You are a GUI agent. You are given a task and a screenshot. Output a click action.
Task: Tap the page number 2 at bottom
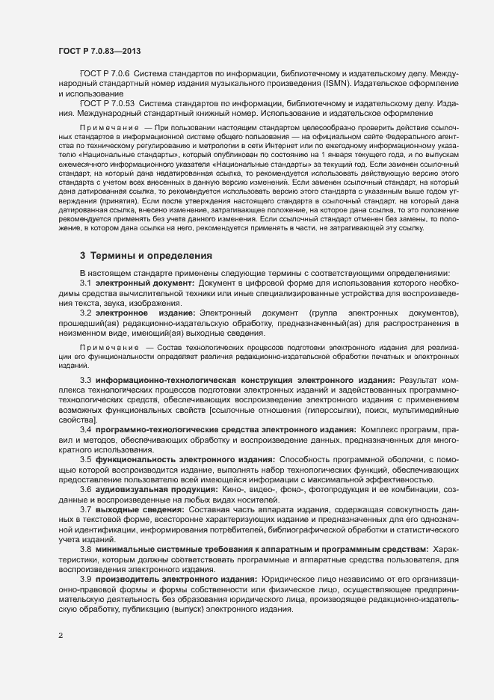point(60,636)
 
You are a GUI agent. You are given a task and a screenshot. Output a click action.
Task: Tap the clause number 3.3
point(85,381)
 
